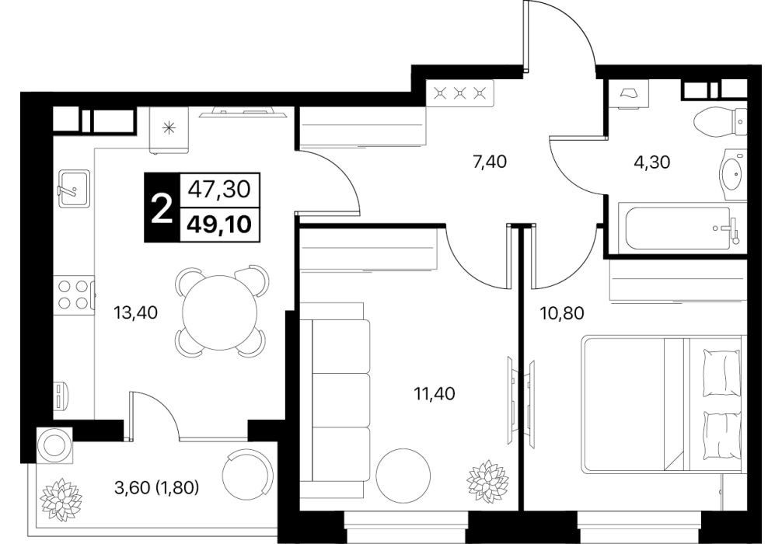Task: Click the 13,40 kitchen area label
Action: (x=136, y=312)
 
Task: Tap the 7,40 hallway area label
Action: (x=490, y=162)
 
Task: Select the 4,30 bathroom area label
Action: (x=652, y=162)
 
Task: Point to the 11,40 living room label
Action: (x=435, y=394)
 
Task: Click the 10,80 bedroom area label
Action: (x=562, y=313)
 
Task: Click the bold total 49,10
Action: (x=219, y=225)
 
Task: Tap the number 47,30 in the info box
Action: (x=219, y=190)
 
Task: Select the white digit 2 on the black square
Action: (x=161, y=208)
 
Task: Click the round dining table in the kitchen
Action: (x=220, y=312)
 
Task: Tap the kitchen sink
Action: (x=74, y=188)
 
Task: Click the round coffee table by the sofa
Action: (x=403, y=476)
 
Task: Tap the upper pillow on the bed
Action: (x=721, y=373)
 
